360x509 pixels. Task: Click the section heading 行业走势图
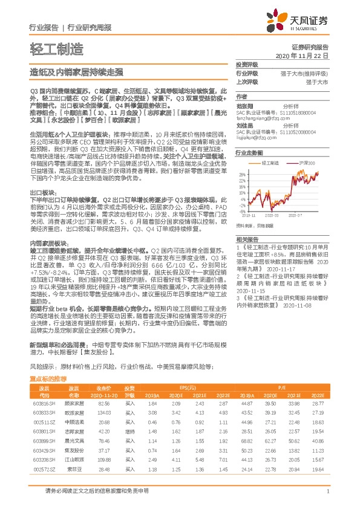pyautogui.click(x=249, y=153)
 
